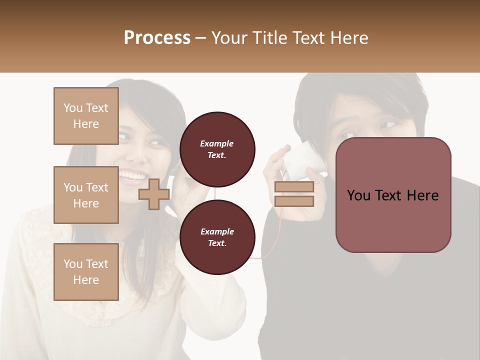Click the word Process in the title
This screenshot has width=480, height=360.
pyautogui.click(x=157, y=37)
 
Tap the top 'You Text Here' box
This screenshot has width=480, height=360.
pyautogui.click(x=86, y=116)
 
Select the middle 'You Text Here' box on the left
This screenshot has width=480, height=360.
pyautogui.click(x=86, y=195)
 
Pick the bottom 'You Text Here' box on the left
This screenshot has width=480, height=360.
pyautogui.click(x=86, y=271)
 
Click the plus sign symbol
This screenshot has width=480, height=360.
pyautogui.click(x=153, y=194)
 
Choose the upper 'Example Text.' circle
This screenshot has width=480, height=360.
pyautogui.click(x=217, y=149)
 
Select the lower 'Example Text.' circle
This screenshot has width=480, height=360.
pyautogui.click(x=217, y=237)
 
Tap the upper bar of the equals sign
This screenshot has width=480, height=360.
pyautogui.click(x=294, y=187)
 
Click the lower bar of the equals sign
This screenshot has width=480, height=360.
pyautogui.click(x=294, y=201)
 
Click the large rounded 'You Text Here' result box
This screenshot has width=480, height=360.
pyautogui.click(x=393, y=194)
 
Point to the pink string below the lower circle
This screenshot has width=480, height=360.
pyautogui.click(x=262, y=256)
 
